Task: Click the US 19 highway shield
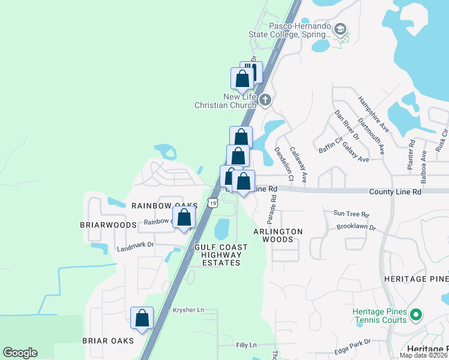tap(212, 203)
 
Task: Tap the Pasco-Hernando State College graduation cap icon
tap(340, 29)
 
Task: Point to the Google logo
tap(20, 353)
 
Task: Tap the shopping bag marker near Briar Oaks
tap(142, 318)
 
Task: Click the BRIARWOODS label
tap(108, 225)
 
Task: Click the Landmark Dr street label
tap(136, 245)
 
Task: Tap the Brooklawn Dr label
tap(356, 228)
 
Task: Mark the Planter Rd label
tap(412, 155)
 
